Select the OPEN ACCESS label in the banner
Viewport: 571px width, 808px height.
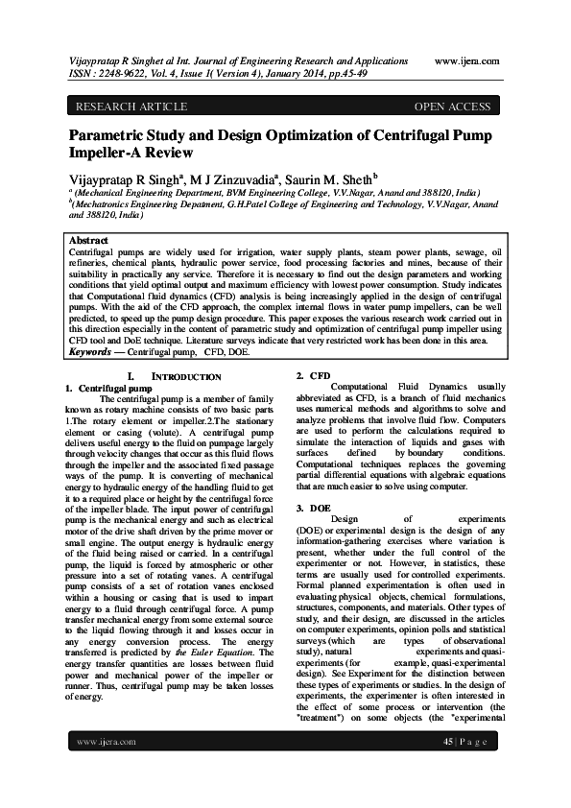click(x=452, y=107)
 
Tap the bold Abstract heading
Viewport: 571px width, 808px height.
click(x=89, y=240)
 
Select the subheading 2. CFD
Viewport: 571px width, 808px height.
click(x=313, y=375)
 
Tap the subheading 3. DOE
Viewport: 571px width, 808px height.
click(x=314, y=507)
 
